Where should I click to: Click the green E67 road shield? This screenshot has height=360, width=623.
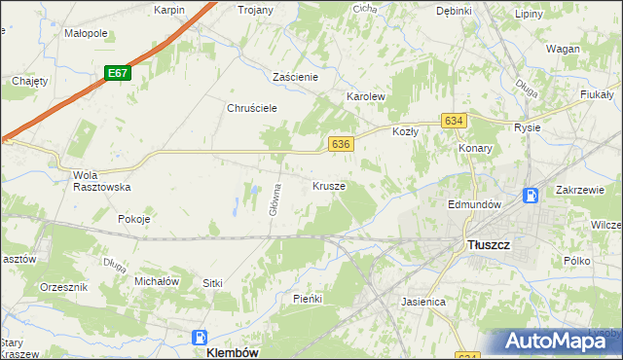pos(118,73)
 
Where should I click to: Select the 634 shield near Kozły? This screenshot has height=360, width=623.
pos(453,120)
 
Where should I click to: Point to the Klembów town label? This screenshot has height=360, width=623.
pos(232,352)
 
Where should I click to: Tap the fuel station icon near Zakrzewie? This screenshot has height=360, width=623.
pos(531,195)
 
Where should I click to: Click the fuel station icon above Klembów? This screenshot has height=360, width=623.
pos(201,337)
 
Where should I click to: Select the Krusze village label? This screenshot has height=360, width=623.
pos(329,185)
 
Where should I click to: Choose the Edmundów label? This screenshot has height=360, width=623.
pos(474,205)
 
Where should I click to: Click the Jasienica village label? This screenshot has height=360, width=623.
pos(423,302)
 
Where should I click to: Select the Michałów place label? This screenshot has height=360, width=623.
pos(157,281)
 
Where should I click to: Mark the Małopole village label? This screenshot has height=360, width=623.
pos(86,33)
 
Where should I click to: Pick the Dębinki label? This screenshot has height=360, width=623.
pos(454,11)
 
